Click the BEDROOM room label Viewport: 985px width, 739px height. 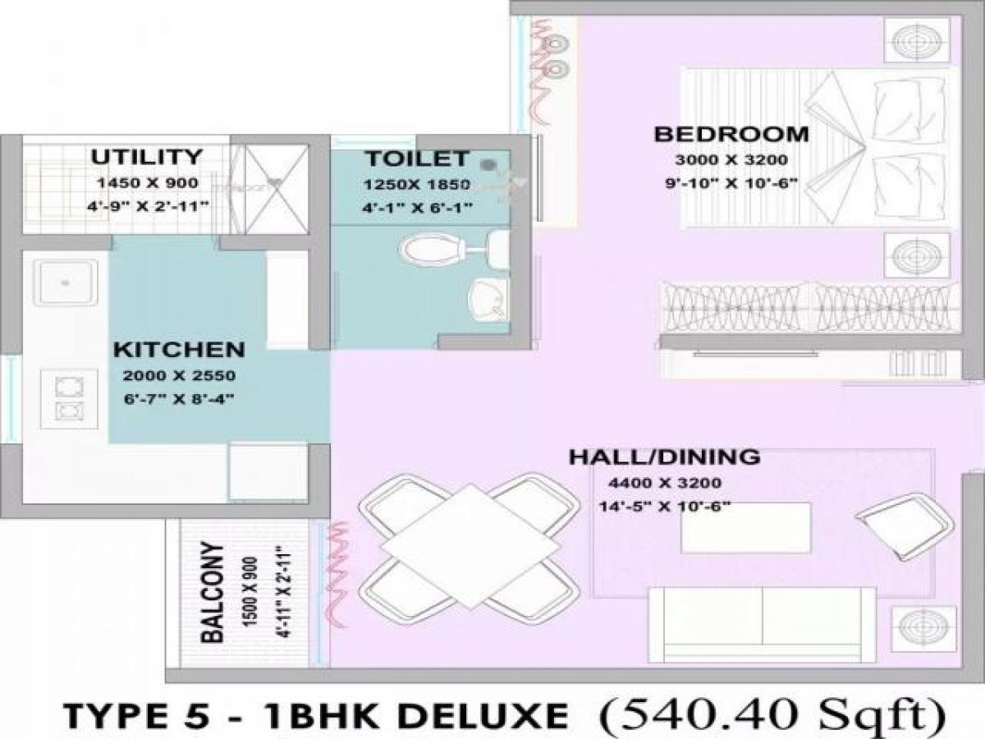tap(731, 134)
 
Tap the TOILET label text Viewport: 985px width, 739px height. tap(417, 158)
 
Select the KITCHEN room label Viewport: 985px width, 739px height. tap(179, 349)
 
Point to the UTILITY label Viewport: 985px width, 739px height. tap(146, 157)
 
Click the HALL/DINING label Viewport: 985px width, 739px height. tap(664, 457)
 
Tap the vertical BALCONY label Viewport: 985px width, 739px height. tap(213, 591)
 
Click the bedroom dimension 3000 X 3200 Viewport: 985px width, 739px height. tap(731, 159)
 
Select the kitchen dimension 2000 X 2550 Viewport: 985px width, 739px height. tap(179, 377)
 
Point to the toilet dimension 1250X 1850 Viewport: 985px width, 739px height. tap(417, 184)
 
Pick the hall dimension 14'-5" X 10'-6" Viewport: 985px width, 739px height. tap(665, 507)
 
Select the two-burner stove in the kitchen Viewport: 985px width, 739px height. tap(65, 397)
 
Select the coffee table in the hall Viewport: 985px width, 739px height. tap(746, 528)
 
